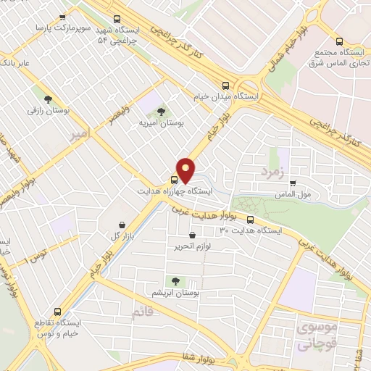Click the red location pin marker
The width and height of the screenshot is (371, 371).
[187, 170]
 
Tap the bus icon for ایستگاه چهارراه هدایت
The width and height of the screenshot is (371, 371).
[174, 180]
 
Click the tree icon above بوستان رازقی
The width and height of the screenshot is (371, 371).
[48, 100]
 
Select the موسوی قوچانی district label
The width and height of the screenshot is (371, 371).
[316, 335]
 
